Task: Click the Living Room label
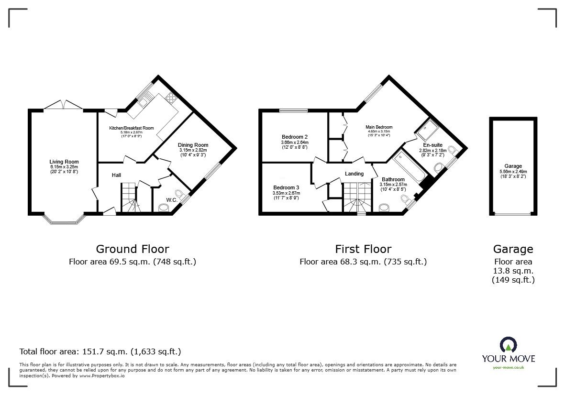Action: click(64, 162)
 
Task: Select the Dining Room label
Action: click(193, 145)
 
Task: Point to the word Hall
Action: click(116, 176)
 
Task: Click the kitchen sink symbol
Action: click(143, 101)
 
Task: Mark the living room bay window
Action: click(63, 220)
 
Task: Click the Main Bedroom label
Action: click(378, 127)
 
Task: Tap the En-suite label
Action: click(432, 144)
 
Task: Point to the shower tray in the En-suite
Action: click(426, 128)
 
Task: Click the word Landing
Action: click(354, 174)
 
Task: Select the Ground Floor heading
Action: click(132, 249)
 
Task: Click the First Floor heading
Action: click(363, 249)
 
